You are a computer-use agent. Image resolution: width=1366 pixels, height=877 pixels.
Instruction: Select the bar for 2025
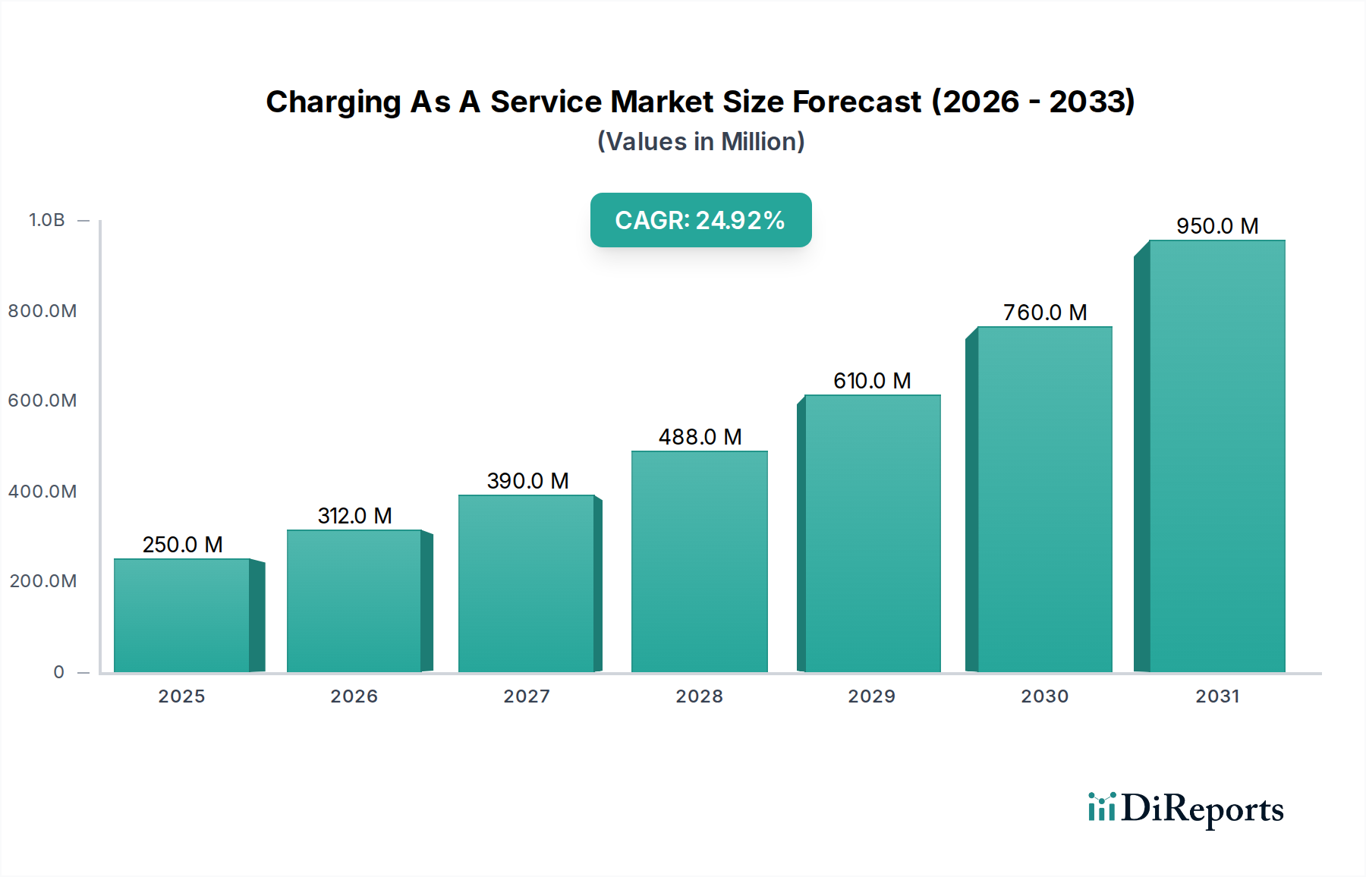[x=182, y=615]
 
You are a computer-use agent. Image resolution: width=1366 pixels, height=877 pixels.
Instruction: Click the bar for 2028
[x=699, y=561]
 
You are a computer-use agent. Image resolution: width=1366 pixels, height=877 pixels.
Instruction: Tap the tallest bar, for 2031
[x=1216, y=456]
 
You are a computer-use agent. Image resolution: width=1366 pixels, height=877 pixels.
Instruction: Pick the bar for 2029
[x=872, y=533]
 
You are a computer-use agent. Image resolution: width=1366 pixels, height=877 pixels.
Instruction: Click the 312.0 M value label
[x=354, y=516]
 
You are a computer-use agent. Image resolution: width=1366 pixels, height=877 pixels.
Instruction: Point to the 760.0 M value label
[x=1045, y=313]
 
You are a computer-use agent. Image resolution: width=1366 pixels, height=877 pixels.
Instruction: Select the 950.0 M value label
[x=1217, y=226]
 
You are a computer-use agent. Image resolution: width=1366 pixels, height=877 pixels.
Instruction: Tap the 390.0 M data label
[x=527, y=481]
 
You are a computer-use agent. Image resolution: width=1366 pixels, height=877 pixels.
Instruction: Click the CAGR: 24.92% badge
[x=700, y=220]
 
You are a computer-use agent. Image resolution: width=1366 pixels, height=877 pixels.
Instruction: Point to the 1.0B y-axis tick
[x=47, y=220]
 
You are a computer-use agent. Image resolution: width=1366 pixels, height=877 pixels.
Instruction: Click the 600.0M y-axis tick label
[x=42, y=401]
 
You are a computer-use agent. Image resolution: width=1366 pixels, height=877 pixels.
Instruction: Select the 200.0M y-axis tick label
[x=43, y=581]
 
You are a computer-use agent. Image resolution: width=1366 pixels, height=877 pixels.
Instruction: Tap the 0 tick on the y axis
[x=59, y=672]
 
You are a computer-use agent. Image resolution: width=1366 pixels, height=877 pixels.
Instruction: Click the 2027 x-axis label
[x=527, y=696]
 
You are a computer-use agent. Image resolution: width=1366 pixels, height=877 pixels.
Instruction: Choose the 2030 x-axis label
[x=1044, y=696]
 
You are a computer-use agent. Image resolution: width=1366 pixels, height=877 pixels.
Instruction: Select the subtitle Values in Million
[x=700, y=142]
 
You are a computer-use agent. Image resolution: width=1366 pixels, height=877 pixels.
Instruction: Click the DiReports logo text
[x=1202, y=809]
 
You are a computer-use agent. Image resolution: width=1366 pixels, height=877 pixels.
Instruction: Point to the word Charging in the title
[x=333, y=102]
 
